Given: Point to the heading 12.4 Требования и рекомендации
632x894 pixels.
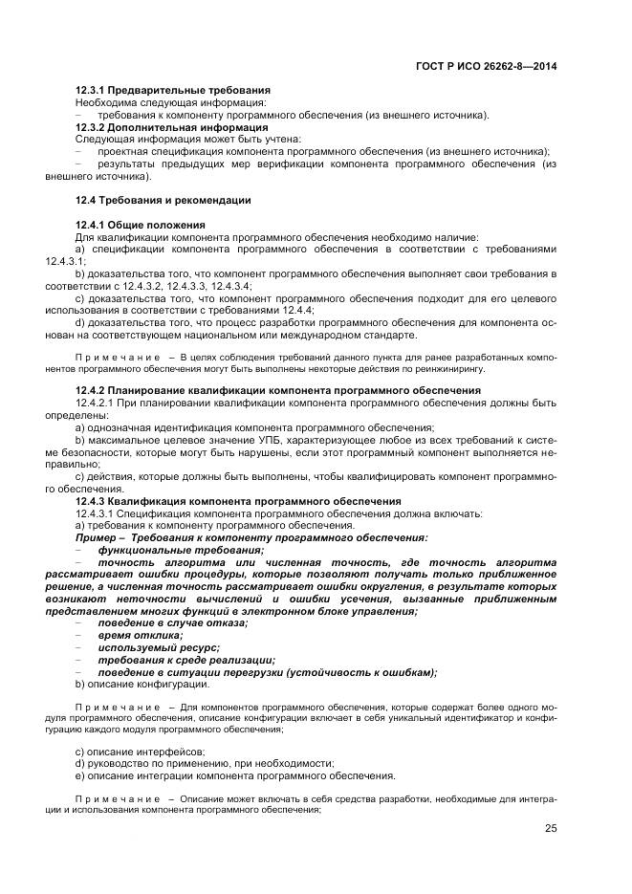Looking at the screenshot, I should (163, 200).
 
